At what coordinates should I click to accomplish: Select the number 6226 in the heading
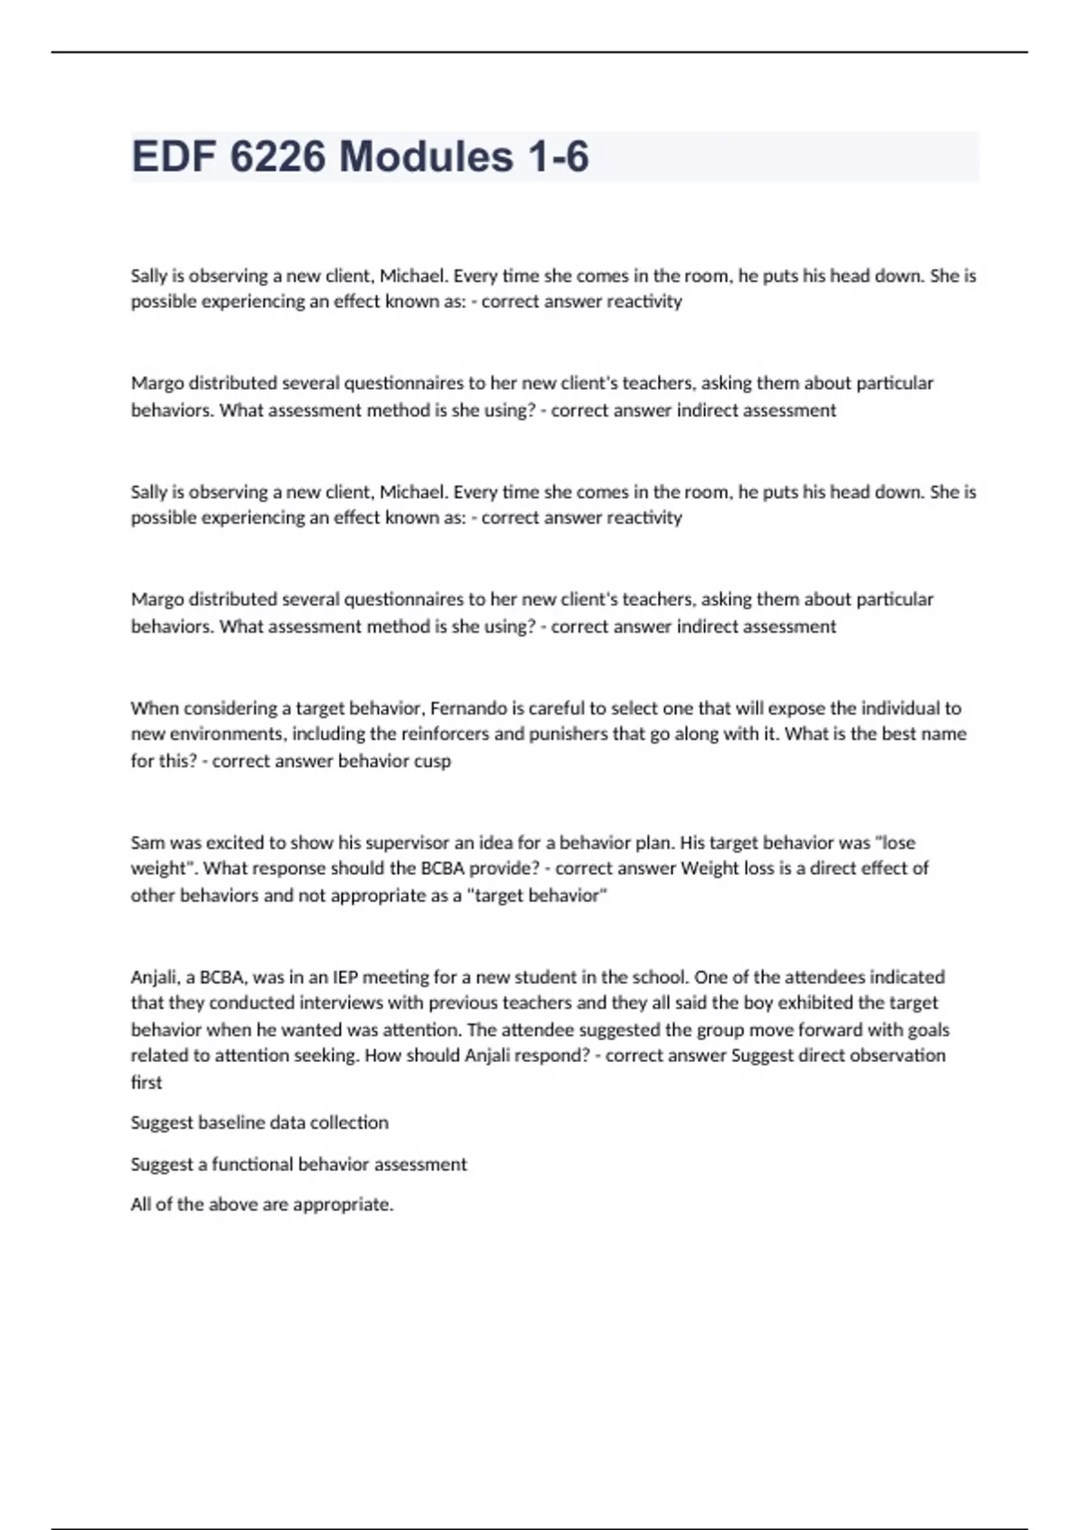[277, 157]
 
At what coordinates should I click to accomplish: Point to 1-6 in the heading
[559, 157]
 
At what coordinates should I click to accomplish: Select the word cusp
[432, 761]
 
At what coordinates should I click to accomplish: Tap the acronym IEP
[346, 977]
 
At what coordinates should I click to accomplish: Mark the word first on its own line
[147, 1083]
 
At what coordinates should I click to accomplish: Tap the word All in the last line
[141, 1205]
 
